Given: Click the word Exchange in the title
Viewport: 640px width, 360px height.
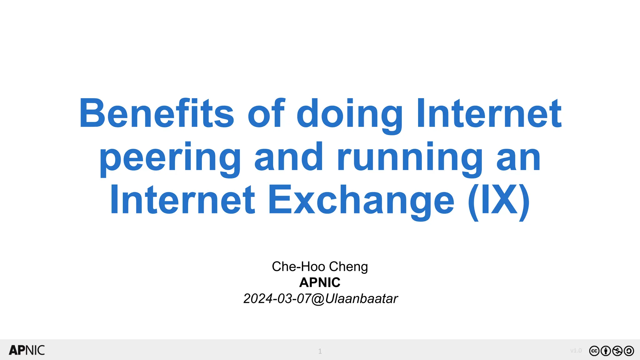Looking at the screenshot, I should click(x=361, y=200).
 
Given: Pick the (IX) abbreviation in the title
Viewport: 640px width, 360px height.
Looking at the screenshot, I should click(x=499, y=200).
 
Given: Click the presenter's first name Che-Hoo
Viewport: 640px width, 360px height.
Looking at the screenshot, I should click(x=298, y=267).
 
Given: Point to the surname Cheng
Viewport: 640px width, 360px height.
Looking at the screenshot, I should click(x=348, y=267).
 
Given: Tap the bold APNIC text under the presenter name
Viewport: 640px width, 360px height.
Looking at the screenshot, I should click(x=320, y=282).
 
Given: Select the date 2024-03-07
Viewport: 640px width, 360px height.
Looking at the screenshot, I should click(x=277, y=299).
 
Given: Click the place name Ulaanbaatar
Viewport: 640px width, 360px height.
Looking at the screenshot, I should click(x=362, y=299).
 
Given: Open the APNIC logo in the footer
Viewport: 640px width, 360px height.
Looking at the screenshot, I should click(x=27, y=350).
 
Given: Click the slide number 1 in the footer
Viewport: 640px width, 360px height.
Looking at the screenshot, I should click(x=320, y=351).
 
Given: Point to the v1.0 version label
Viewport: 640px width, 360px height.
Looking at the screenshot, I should click(x=576, y=351).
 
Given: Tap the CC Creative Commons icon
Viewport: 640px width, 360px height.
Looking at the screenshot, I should click(x=594, y=351).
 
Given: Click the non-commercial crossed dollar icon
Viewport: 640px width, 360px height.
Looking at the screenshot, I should click(x=617, y=351).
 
